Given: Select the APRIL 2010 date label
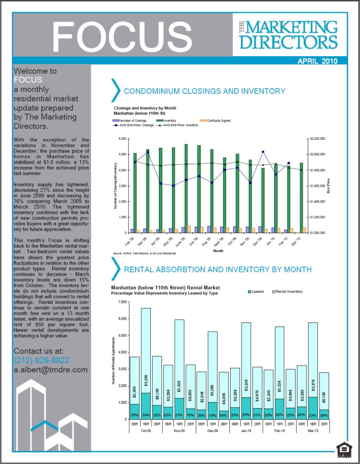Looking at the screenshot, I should [317, 61].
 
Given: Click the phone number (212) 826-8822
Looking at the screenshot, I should [41, 361].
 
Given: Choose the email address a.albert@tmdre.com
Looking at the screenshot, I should [50, 370].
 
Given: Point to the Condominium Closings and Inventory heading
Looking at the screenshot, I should [204, 91].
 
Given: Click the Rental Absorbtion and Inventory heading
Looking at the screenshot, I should [217, 269].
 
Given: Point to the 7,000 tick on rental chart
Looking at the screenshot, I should [121, 302].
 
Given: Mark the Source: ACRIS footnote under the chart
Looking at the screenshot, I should [144, 253].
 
